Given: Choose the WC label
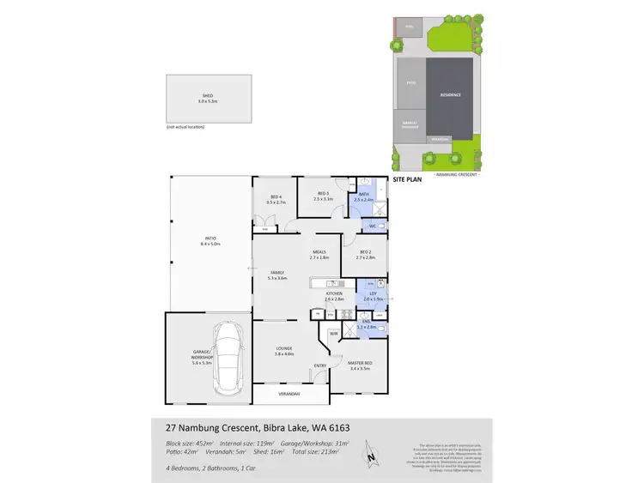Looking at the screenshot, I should pos(373,226).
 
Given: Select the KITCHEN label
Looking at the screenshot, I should pos(333,294).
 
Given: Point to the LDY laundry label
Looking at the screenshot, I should pos(373,294).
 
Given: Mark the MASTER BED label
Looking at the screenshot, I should pos(359,365).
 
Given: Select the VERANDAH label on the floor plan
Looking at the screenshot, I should pos(289,395).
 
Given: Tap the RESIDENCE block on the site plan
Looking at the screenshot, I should pos(451,95).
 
